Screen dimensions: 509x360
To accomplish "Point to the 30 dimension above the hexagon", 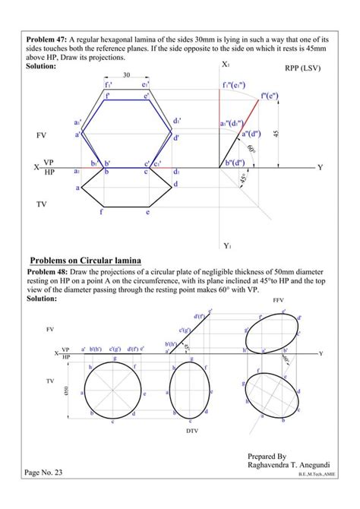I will pyautogui.click(x=126, y=75).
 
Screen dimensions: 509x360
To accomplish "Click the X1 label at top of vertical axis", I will pyautogui.click(x=226, y=65).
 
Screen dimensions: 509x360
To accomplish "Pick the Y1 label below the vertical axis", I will pyautogui.click(x=226, y=245).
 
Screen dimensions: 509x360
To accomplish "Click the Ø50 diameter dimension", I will pyautogui.click(x=66, y=390).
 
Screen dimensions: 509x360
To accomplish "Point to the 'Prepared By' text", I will pyautogui.click(x=267, y=457).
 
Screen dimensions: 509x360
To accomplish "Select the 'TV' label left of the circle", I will pyautogui.click(x=50, y=379).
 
